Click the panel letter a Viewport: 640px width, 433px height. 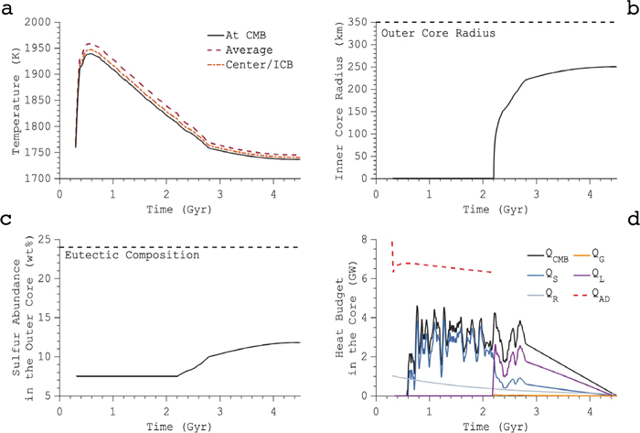[7, 7]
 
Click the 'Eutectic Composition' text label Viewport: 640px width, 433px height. [133, 255]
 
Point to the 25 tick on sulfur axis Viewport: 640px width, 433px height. [44, 240]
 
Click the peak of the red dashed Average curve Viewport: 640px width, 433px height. [90, 43]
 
